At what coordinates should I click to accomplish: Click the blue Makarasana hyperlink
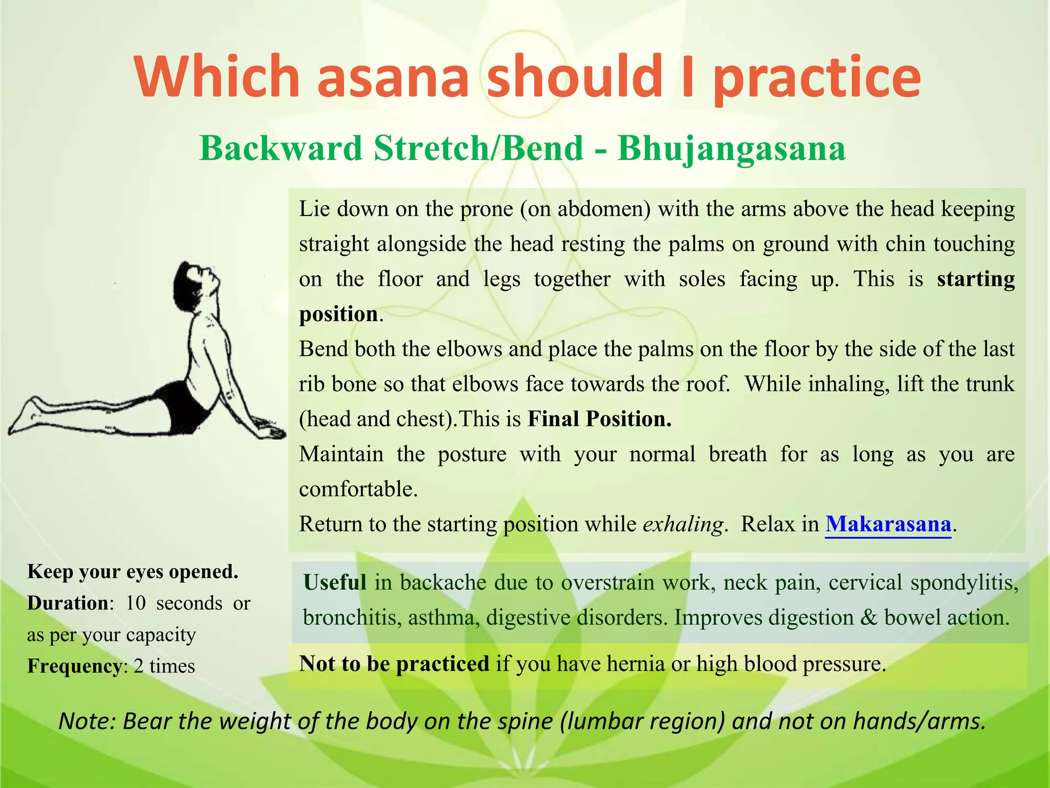coord(888,524)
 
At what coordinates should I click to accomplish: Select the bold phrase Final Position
coord(599,419)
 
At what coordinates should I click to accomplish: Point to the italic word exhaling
coord(683,524)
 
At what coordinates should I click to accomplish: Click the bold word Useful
coord(335,583)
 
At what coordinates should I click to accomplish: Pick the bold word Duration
coord(68,603)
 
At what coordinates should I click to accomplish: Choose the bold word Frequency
coord(74,666)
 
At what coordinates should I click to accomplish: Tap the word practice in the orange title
coord(817,77)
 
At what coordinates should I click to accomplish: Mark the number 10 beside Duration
coord(136,603)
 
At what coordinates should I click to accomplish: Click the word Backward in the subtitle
coord(281,149)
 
